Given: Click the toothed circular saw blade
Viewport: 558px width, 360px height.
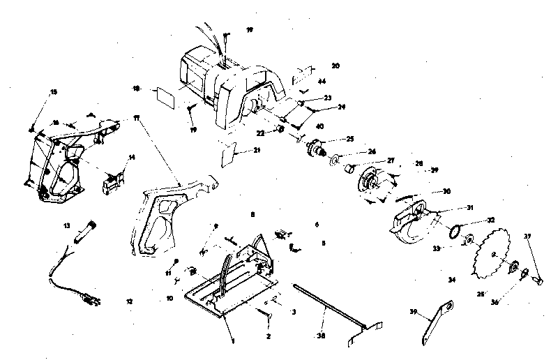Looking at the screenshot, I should pyautogui.click(x=490, y=253).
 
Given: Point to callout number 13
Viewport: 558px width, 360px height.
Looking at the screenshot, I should pyautogui.click(x=68, y=225).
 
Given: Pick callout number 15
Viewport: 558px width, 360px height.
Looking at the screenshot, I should pyautogui.click(x=54, y=92).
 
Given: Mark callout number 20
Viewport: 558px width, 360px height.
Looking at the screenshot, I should pyautogui.click(x=335, y=66).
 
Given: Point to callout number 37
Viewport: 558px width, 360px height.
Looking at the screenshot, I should pyautogui.click(x=528, y=237).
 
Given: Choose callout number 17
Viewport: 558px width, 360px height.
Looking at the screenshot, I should pyautogui.click(x=137, y=119).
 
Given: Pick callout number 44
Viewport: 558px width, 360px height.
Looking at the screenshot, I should pyautogui.click(x=322, y=82).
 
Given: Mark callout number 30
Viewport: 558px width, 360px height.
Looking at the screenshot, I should pyautogui.click(x=446, y=192).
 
